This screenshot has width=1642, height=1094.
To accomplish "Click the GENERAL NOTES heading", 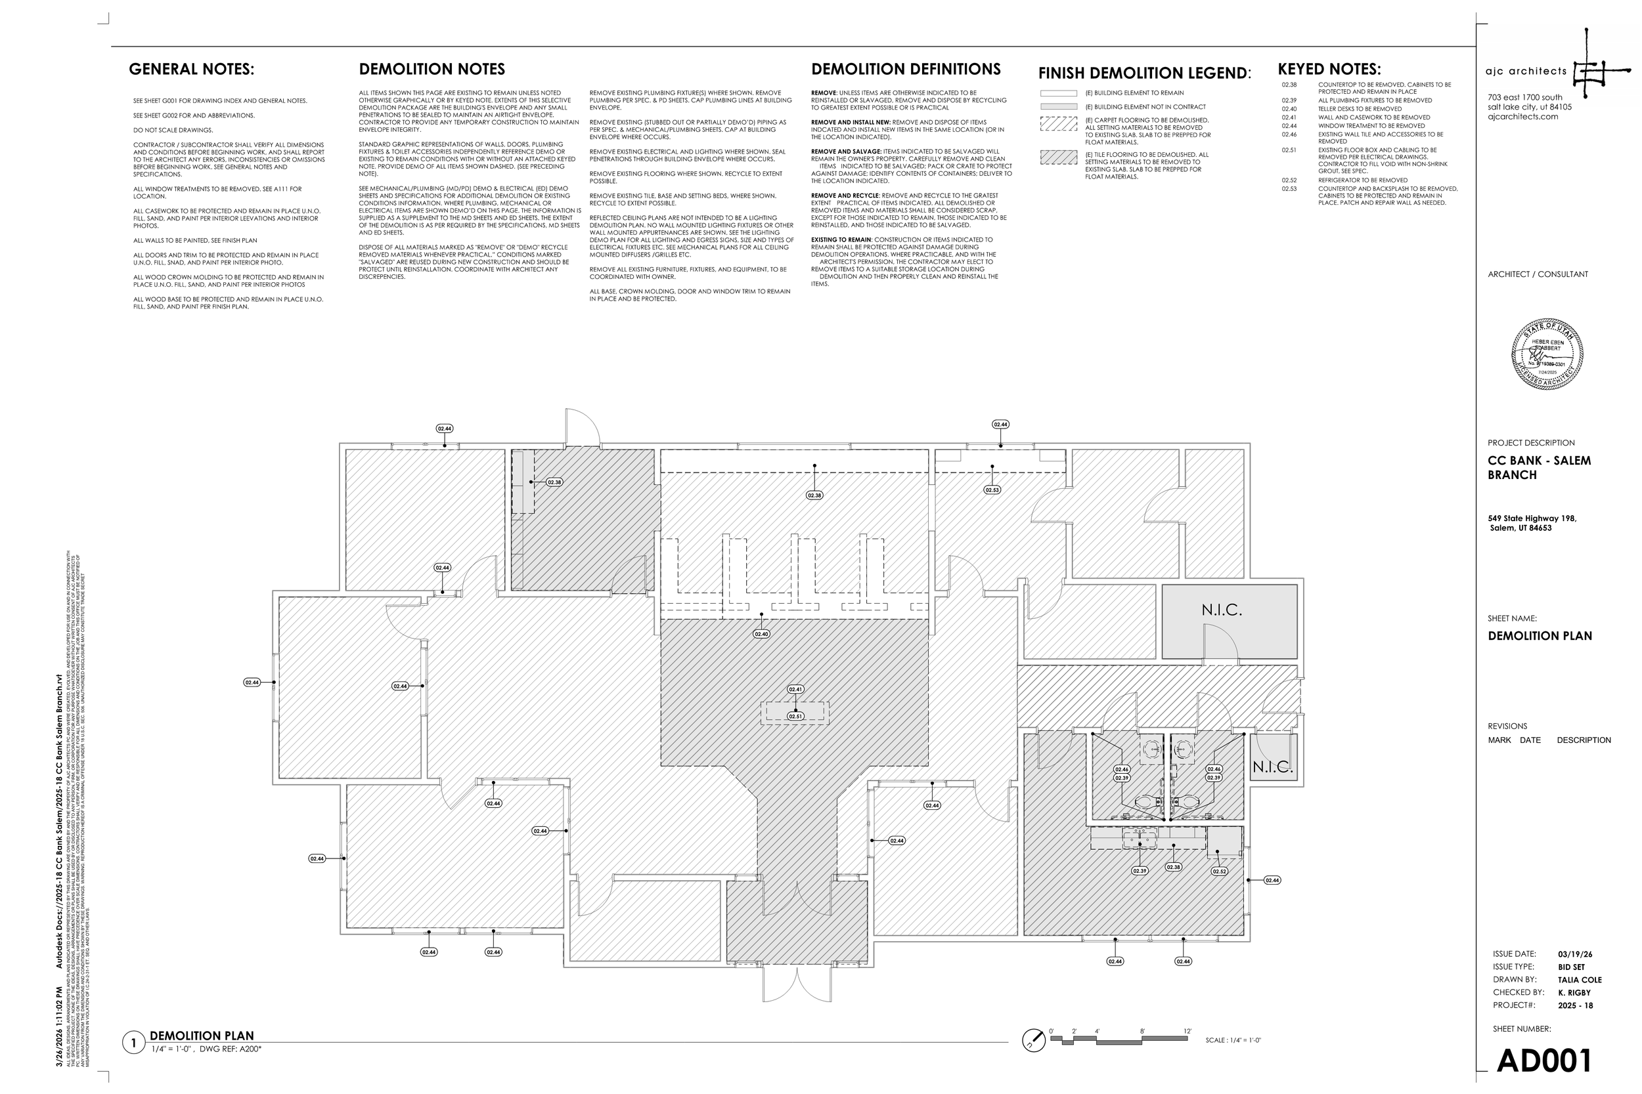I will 191,69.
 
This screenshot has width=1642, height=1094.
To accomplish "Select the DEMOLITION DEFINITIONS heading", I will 906,69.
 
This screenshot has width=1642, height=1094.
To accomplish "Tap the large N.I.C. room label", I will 1222,610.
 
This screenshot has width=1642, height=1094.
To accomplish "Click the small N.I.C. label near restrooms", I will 1272,767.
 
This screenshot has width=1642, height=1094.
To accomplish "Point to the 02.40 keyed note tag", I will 761,634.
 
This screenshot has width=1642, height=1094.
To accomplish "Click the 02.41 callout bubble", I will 795,689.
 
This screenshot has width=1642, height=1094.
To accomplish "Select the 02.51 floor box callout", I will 795,717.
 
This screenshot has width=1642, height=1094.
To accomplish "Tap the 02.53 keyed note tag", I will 992,490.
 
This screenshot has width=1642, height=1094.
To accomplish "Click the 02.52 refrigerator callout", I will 1219,872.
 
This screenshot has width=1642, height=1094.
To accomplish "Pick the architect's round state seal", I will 1547,354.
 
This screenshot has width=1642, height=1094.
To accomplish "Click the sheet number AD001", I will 1544,1061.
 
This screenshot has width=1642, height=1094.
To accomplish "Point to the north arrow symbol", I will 1033,1040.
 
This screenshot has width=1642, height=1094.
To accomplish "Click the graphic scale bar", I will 1119,1040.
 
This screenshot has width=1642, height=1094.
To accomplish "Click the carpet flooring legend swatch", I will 1058,123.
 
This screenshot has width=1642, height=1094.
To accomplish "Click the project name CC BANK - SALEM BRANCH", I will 1539,467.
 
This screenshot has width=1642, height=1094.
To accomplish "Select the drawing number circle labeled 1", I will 133,1043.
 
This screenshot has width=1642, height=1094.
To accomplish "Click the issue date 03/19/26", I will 1575,954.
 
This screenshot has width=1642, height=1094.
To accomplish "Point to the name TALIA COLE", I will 1579,980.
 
